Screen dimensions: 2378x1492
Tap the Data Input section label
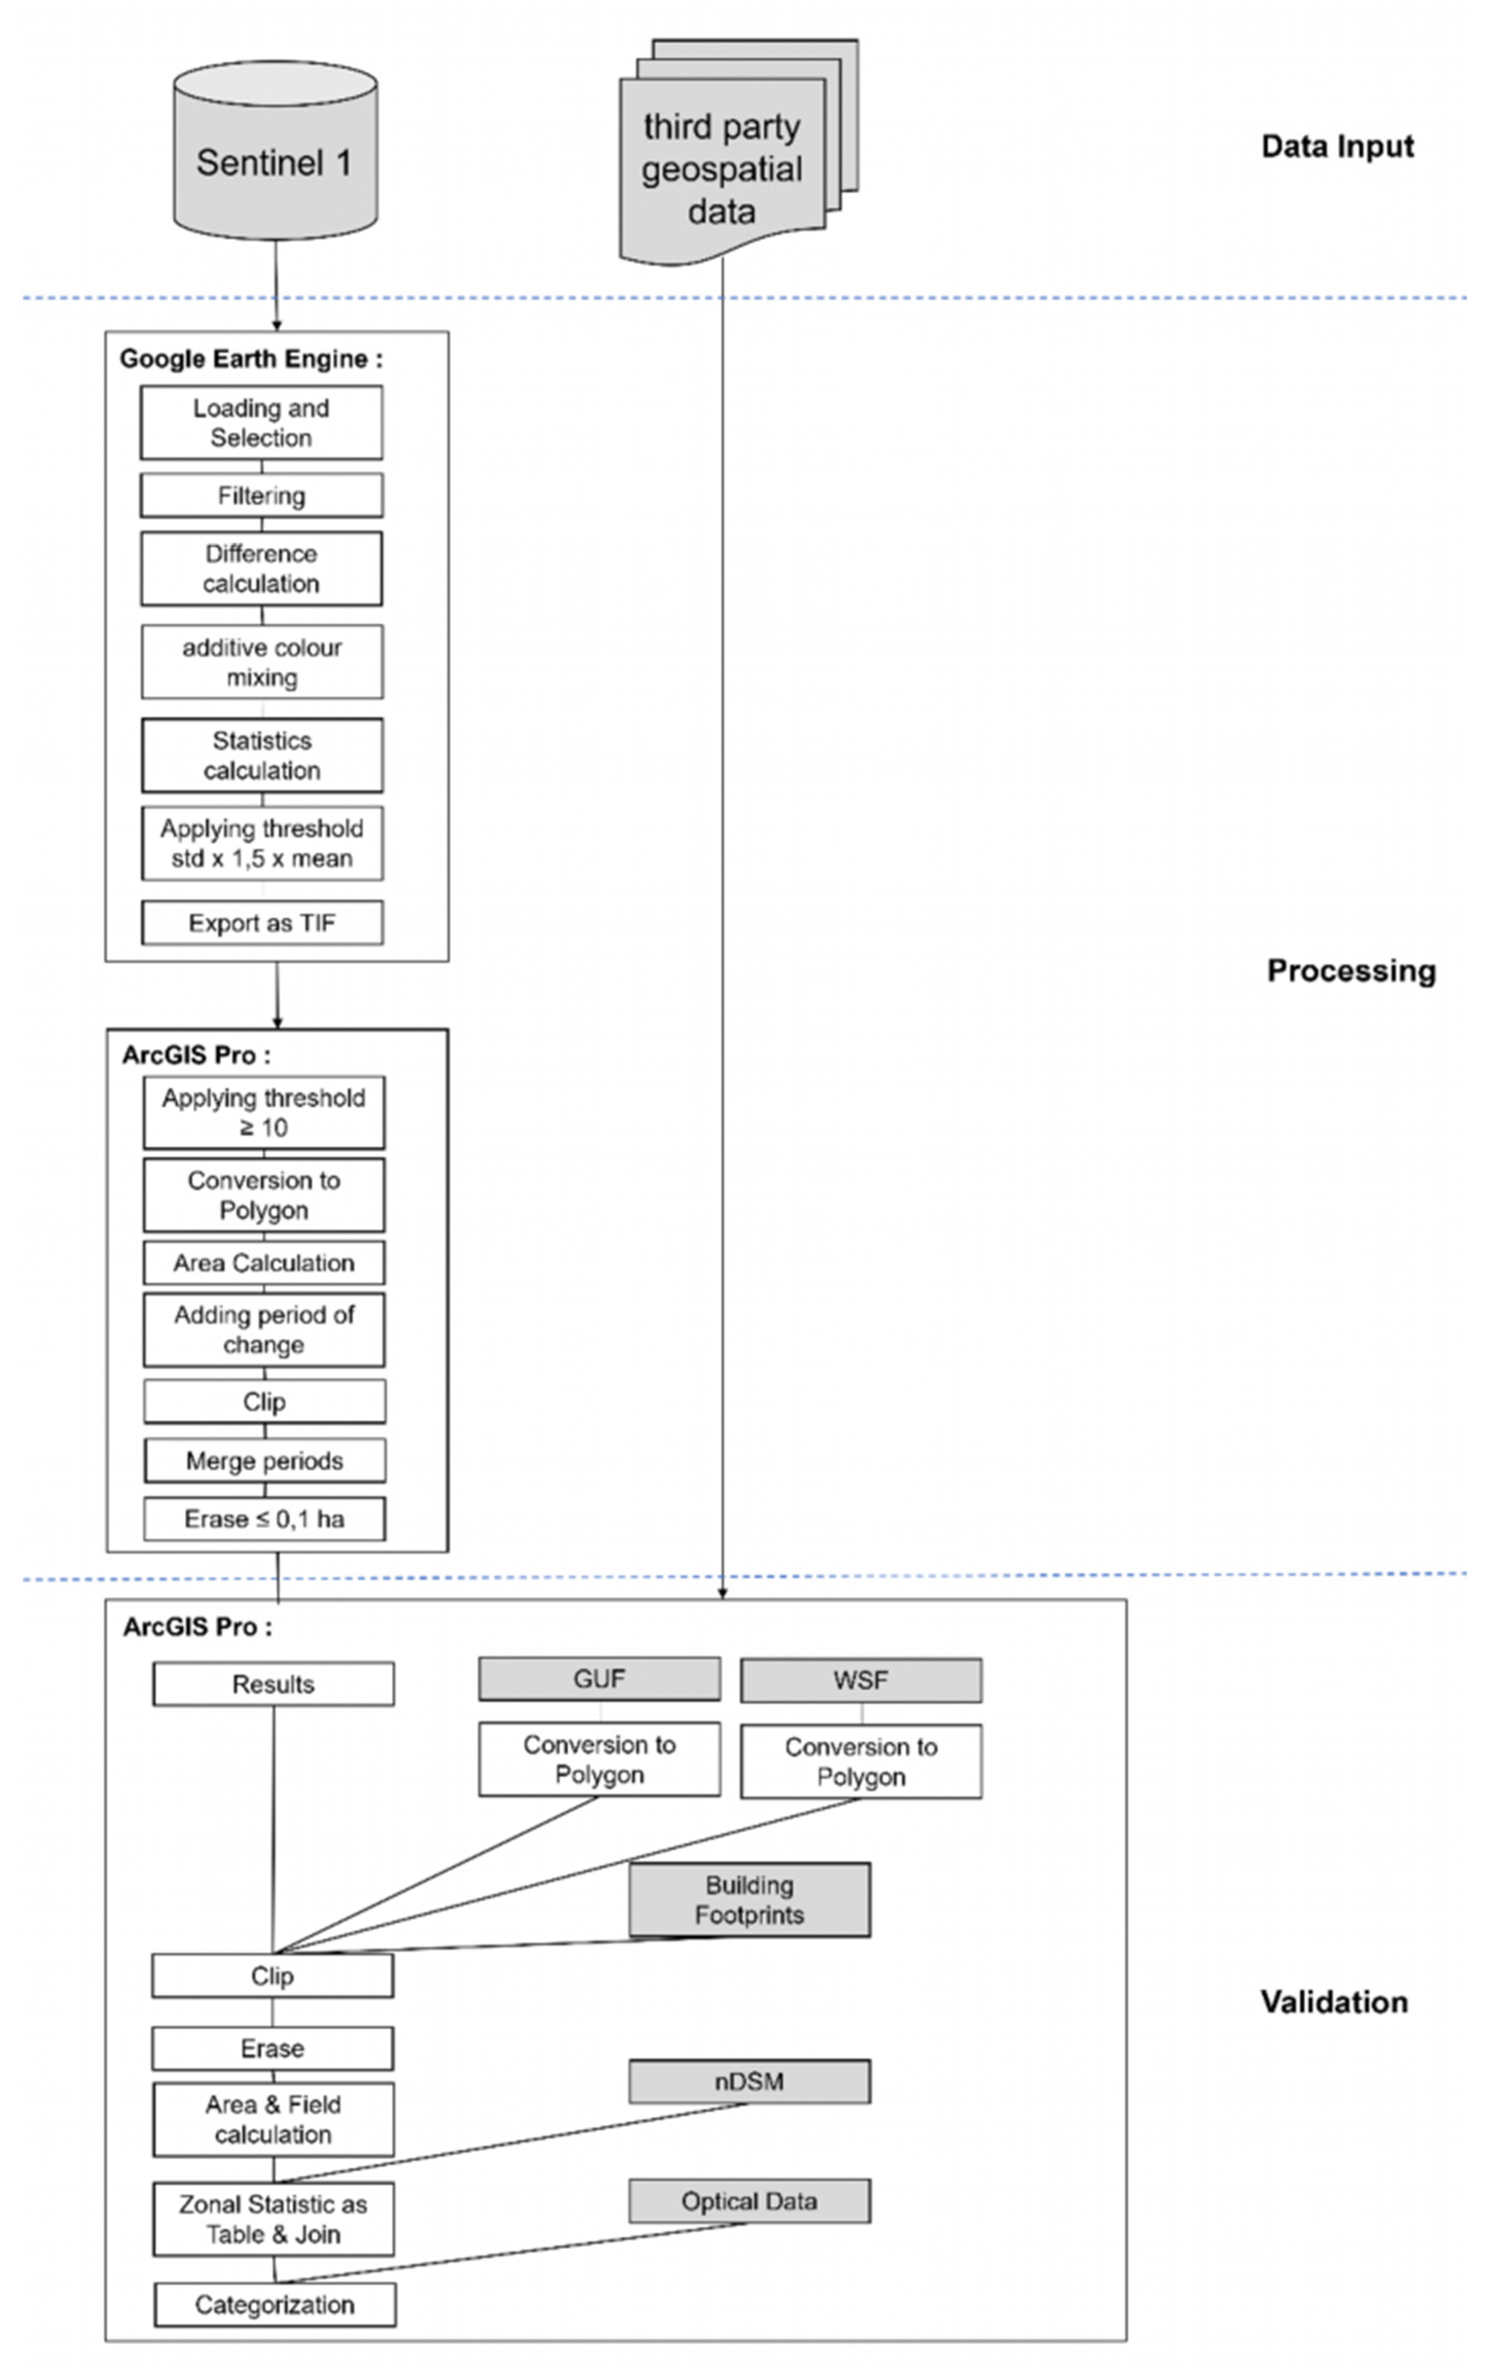(x=1337, y=146)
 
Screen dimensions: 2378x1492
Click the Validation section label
(x=1334, y=2002)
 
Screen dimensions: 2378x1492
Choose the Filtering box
(x=262, y=495)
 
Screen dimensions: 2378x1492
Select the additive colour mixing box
(x=262, y=662)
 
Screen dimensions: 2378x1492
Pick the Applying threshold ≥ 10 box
(x=263, y=1113)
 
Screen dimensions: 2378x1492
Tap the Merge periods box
(x=264, y=1460)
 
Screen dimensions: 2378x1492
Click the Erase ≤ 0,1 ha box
(x=264, y=1519)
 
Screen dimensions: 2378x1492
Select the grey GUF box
(x=599, y=1678)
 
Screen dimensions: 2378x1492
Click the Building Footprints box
(x=749, y=1899)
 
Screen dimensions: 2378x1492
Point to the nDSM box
(x=749, y=2081)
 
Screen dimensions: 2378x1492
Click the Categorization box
(x=274, y=2305)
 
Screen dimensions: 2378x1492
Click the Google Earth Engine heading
(x=250, y=359)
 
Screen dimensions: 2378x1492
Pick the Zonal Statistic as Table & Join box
(x=274, y=2219)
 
